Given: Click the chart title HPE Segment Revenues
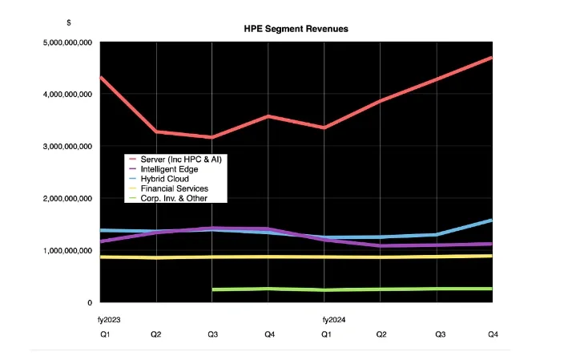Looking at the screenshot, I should tap(296, 28).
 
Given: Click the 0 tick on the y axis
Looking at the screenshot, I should tap(89, 302).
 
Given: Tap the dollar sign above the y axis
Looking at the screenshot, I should tap(69, 21).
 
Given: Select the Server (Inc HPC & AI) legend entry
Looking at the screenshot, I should tap(179, 160).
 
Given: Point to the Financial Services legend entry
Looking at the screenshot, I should tap(174, 188).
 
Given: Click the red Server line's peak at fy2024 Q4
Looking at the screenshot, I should tap(491, 58).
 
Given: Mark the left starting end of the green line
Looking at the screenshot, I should tap(213, 289).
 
